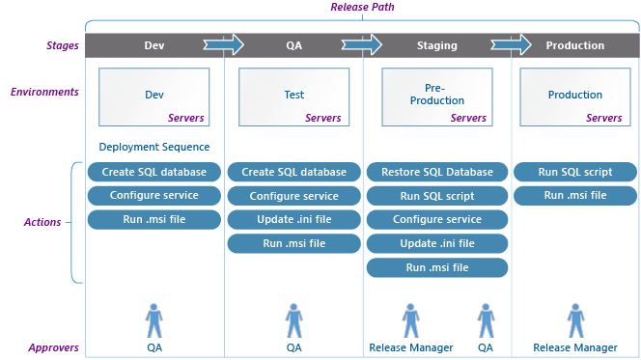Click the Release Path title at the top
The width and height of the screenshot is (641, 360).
click(362, 8)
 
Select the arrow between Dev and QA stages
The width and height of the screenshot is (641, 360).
click(223, 44)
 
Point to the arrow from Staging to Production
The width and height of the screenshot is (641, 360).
click(511, 44)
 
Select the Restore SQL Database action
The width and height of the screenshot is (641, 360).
click(437, 172)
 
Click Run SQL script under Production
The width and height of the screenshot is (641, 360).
click(575, 172)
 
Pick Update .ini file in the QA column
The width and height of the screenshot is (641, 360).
click(293, 219)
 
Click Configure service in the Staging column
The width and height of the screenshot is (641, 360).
click(437, 219)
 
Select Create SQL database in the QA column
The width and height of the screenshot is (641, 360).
click(293, 172)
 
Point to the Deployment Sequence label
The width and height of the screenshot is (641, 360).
click(154, 147)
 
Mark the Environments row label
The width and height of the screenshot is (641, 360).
click(44, 92)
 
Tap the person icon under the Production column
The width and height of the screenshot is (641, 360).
click(575, 319)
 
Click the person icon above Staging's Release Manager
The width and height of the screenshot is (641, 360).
click(410, 319)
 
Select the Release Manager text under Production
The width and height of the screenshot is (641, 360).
click(575, 347)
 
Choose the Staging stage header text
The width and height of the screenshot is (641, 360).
click(437, 45)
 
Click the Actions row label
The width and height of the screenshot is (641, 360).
click(42, 222)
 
